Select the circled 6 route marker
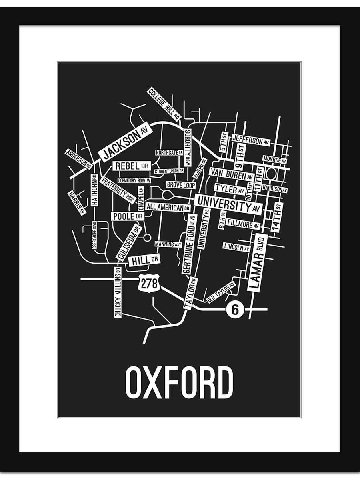(x=235, y=309)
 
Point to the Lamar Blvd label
(x=258, y=262)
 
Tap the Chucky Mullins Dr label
(x=118, y=292)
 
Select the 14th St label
(x=277, y=217)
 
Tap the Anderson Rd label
(x=79, y=159)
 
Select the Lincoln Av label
(x=237, y=247)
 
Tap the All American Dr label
(x=168, y=207)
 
